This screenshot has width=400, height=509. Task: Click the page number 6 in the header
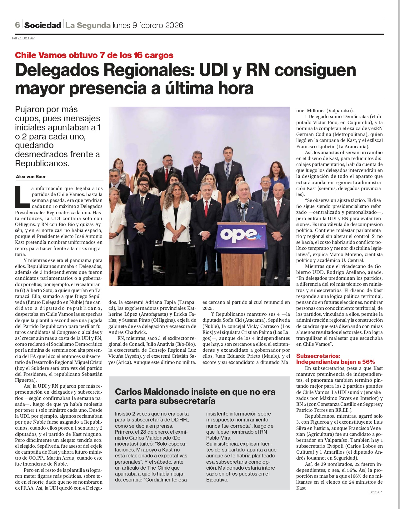pyautogui.click(x=17, y=25)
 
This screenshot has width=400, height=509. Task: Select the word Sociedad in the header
pyautogui.click(x=43, y=25)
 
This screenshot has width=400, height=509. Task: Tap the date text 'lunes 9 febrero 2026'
pyautogui.click(x=148, y=25)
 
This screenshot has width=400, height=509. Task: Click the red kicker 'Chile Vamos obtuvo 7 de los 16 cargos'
pyautogui.click(x=94, y=55)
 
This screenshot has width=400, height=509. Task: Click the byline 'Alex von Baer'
pyautogui.click(x=31, y=177)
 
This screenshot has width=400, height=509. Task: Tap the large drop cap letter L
pyautogui.click(x=22, y=197)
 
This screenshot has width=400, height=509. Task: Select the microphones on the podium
pyautogui.click(x=242, y=206)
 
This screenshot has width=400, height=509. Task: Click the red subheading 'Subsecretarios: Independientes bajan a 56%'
pyautogui.click(x=335, y=359)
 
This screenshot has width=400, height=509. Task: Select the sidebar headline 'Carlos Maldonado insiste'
pyautogui.click(x=195, y=396)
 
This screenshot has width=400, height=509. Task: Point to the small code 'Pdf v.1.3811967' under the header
pyautogui.click(x=23, y=38)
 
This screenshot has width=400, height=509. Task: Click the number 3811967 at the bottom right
pyautogui.click(x=376, y=492)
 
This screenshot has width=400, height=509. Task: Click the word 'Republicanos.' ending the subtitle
pyautogui.click(x=42, y=164)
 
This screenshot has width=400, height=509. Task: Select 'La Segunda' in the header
pyautogui.click(x=88, y=25)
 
